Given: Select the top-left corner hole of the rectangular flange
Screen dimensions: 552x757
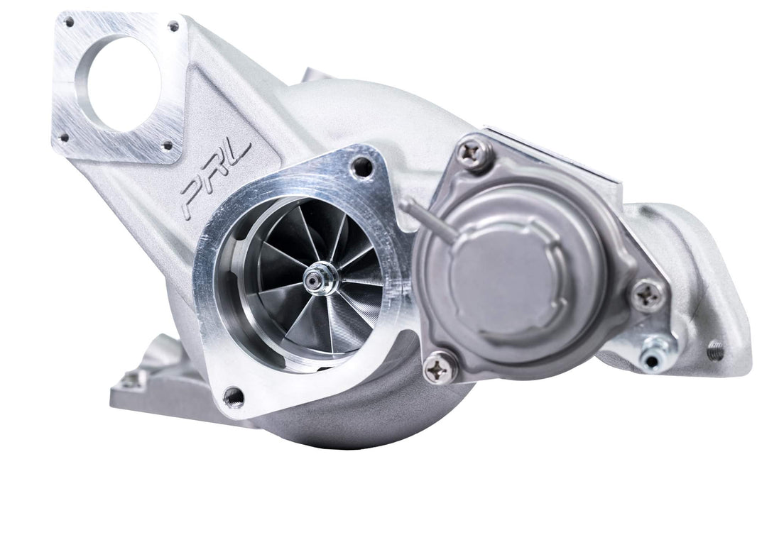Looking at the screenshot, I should (69, 22).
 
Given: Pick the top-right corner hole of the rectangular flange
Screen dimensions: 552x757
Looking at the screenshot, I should (173, 27).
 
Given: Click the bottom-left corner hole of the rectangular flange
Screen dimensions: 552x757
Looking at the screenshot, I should (64, 138).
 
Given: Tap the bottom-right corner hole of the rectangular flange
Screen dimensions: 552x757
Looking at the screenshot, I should (168, 146).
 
